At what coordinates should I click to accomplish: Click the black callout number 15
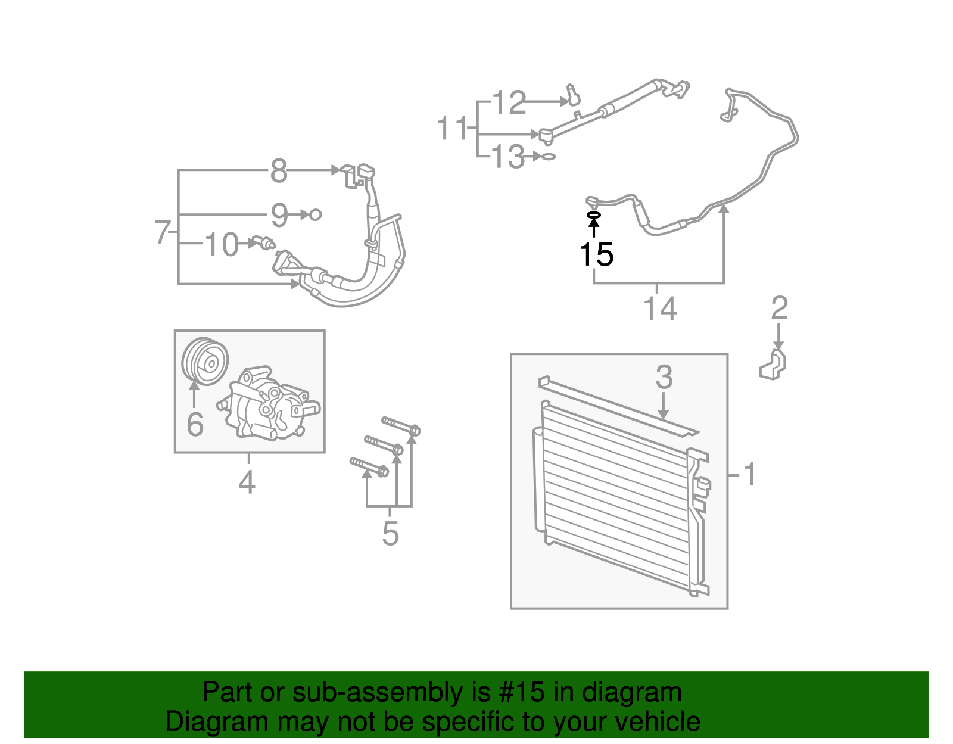[x=596, y=255]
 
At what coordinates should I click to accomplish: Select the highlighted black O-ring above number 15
[x=594, y=215]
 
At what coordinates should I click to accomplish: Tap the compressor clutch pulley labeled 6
[x=204, y=362]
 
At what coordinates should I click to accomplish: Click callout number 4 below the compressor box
[x=247, y=482]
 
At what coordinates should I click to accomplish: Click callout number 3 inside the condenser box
[x=664, y=378]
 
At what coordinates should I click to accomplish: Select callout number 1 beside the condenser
[x=750, y=475]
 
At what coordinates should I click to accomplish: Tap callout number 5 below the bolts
[x=390, y=533]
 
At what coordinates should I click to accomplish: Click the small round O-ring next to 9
[x=316, y=214]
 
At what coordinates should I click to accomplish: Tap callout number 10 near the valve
[x=222, y=245]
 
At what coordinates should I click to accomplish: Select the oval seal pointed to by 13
[x=549, y=157]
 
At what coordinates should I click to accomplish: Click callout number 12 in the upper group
[x=509, y=103]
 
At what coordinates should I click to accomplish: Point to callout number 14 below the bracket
[x=660, y=309]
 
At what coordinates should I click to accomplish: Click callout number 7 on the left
[x=162, y=232]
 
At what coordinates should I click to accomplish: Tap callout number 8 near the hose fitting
[x=279, y=172]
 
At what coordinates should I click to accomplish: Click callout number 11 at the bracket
[x=452, y=129]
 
